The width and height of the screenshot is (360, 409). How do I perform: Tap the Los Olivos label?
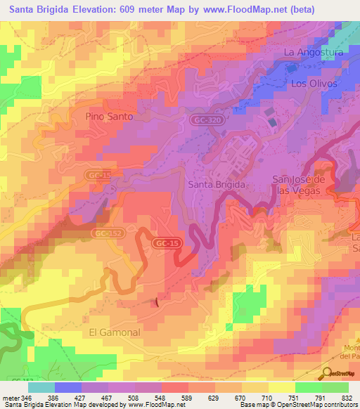pos(314,83)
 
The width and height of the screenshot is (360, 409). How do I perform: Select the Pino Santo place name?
pos(109,117)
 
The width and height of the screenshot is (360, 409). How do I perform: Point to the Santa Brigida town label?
pos(217,184)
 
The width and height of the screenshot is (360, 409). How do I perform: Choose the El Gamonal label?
pos(115,332)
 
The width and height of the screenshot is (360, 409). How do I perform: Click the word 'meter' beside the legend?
pos(11,398)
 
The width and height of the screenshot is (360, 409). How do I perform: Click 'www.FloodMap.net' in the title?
pos(243,9)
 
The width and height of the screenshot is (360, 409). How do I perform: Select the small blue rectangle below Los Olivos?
pos(272,122)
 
